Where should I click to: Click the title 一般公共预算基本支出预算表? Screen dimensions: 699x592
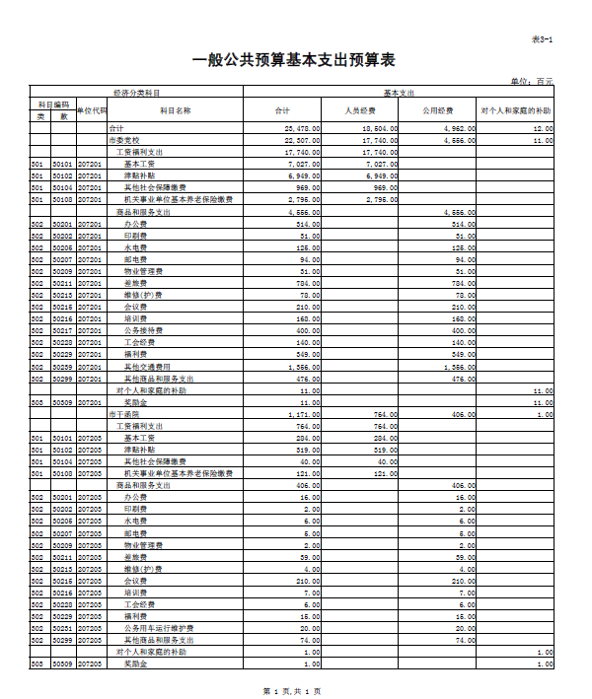[294, 60]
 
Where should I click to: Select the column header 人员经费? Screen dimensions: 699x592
[359, 110]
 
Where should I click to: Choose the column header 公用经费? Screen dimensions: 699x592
[437, 110]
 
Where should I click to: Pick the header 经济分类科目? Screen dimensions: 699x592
[136, 92]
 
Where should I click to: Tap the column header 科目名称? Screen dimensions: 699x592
[175, 110]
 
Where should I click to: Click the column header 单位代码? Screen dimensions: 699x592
[92, 110]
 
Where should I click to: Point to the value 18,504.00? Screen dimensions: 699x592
[380, 129]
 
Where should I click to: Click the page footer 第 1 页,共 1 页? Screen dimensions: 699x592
[293, 689]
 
